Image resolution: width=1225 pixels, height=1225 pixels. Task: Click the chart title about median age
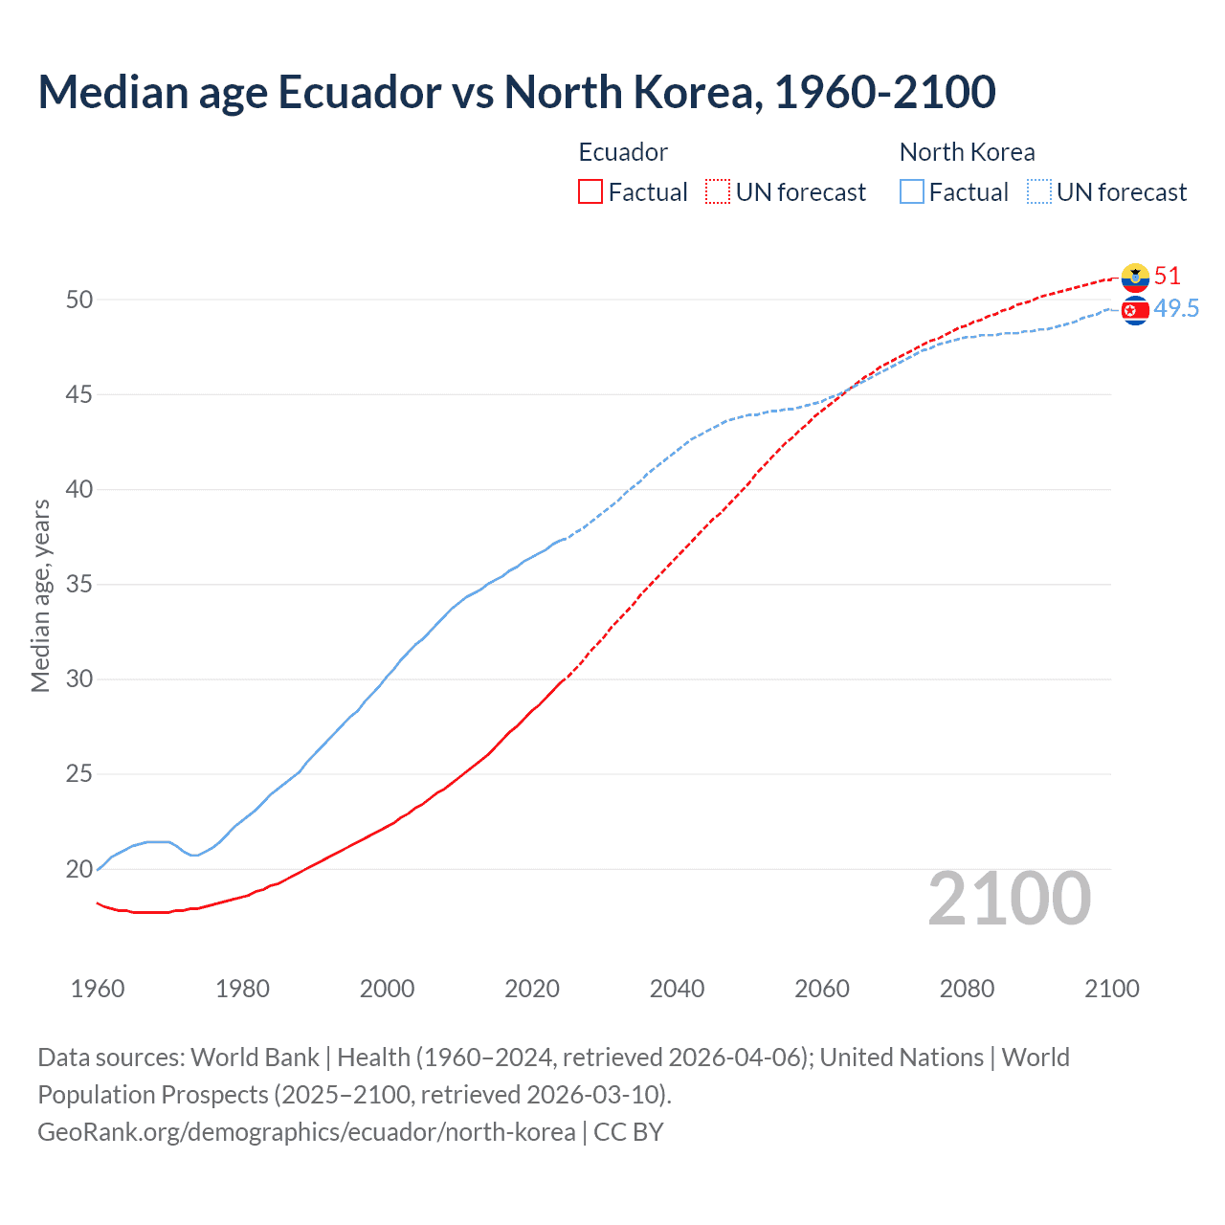[517, 92]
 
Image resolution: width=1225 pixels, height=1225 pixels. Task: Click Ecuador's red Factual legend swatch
[590, 191]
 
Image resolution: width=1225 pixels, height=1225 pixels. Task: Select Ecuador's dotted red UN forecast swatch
[718, 191]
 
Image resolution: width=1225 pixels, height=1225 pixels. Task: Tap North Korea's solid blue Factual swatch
[912, 191]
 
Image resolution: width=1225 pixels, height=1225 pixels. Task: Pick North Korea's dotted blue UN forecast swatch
[1039, 191]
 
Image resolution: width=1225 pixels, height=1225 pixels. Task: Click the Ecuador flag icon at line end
[1135, 278]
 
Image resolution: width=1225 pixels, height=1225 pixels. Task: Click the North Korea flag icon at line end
[1135, 310]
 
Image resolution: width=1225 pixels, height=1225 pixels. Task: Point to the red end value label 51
[1168, 276]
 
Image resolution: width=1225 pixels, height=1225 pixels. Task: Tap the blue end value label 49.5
[1176, 308]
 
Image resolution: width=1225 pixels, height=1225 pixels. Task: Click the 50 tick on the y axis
[79, 300]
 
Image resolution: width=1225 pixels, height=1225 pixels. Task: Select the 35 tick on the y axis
[79, 584]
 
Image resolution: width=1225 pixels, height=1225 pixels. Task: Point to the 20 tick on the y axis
[79, 869]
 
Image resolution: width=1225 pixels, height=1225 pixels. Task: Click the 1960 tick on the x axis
[98, 989]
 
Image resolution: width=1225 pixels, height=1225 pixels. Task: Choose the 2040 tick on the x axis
[677, 989]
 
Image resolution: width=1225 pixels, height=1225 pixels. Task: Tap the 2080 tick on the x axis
[967, 989]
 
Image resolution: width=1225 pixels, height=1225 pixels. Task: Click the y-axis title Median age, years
[40, 595]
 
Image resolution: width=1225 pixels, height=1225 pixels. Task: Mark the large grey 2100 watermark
[1009, 898]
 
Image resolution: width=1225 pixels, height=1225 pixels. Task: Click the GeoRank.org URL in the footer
[306, 1131]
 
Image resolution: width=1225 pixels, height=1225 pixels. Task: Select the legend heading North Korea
[967, 152]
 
